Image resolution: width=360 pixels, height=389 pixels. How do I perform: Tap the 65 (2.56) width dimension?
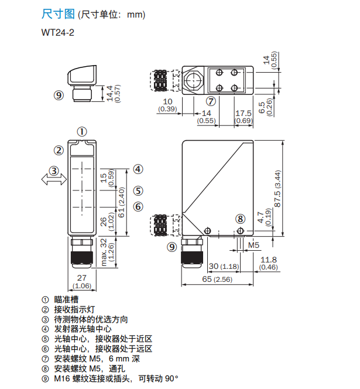click(x=217, y=280)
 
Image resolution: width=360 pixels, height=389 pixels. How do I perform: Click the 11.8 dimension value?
click(x=269, y=260)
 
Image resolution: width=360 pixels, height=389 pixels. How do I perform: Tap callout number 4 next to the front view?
click(x=138, y=169)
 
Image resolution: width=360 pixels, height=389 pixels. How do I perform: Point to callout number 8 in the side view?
click(x=240, y=219)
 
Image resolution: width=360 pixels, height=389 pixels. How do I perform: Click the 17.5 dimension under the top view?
click(x=243, y=113)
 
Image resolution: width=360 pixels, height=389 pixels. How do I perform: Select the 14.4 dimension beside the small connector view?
click(x=110, y=93)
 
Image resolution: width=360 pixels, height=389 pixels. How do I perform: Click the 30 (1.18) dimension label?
click(x=222, y=267)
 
